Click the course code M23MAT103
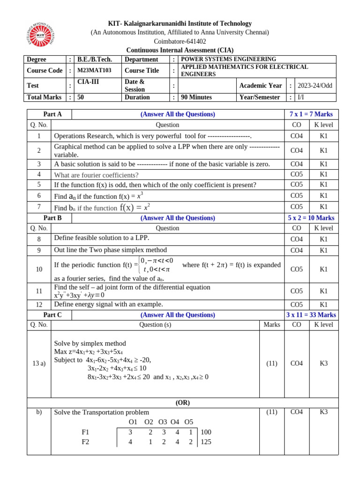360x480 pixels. (94, 70)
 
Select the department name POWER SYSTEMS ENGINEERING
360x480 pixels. (229, 59)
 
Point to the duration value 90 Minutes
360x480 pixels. (196, 97)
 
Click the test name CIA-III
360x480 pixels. (89, 82)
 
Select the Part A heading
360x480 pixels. (52, 114)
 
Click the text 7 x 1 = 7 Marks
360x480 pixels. (311, 114)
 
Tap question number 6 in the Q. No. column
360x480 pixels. (39, 195)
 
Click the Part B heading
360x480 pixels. (52, 218)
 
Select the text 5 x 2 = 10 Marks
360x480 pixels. (311, 218)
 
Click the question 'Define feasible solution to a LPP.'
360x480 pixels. (102, 238)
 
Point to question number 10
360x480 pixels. (39, 269)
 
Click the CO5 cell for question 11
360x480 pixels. (296, 291)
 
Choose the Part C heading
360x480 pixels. (52, 315)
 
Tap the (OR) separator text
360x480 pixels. (182, 402)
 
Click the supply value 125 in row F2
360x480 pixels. (206, 442)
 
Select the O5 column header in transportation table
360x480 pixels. (189, 421)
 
